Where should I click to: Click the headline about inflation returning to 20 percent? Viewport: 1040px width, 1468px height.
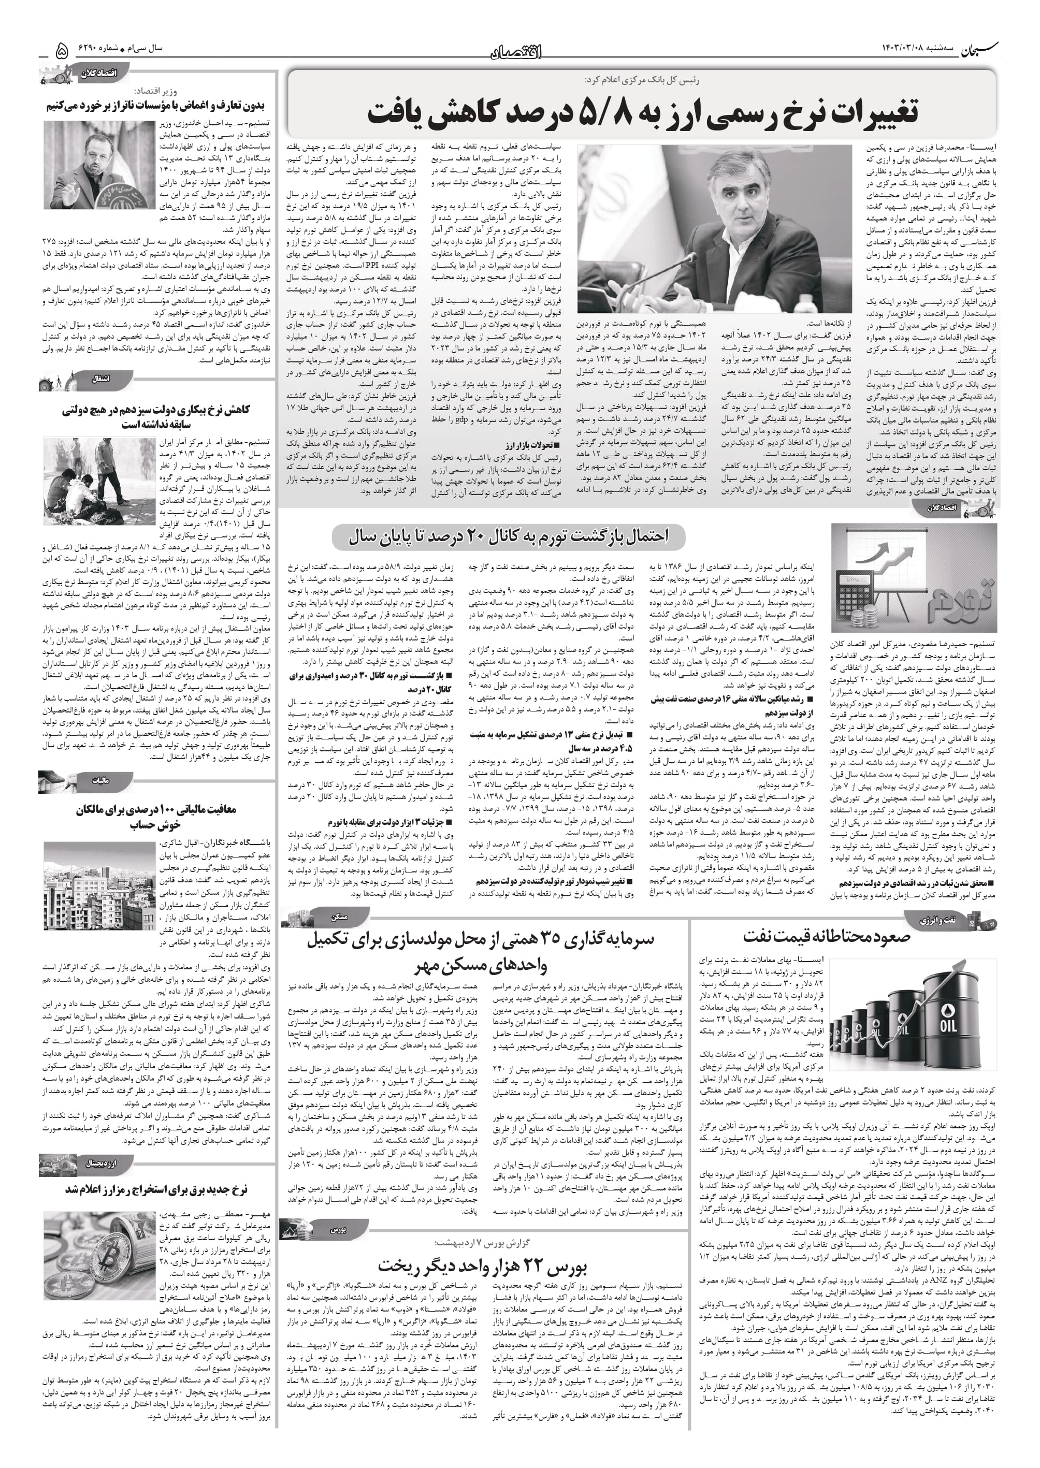pos(509,536)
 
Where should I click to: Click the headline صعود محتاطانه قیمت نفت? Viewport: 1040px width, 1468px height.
pos(826,937)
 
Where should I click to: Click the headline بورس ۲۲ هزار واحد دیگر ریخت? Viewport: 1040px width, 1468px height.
pos(482,1267)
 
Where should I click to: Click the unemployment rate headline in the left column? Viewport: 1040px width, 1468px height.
pos(156,417)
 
